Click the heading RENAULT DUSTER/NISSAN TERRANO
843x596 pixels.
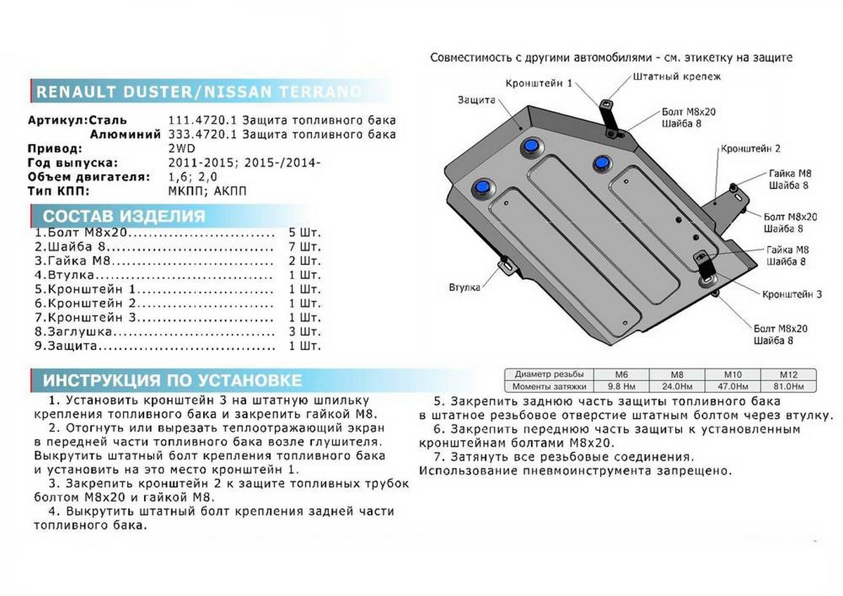tap(199, 92)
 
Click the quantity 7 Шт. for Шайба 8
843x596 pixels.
tap(304, 247)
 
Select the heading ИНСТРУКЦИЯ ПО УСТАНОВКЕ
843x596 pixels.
tap(173, 381)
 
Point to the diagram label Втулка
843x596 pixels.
tap(464, 287)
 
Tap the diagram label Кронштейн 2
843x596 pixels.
tap(750, 149)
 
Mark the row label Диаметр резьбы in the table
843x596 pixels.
tap(549, 375)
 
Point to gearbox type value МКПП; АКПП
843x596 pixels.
tap(208, 190)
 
